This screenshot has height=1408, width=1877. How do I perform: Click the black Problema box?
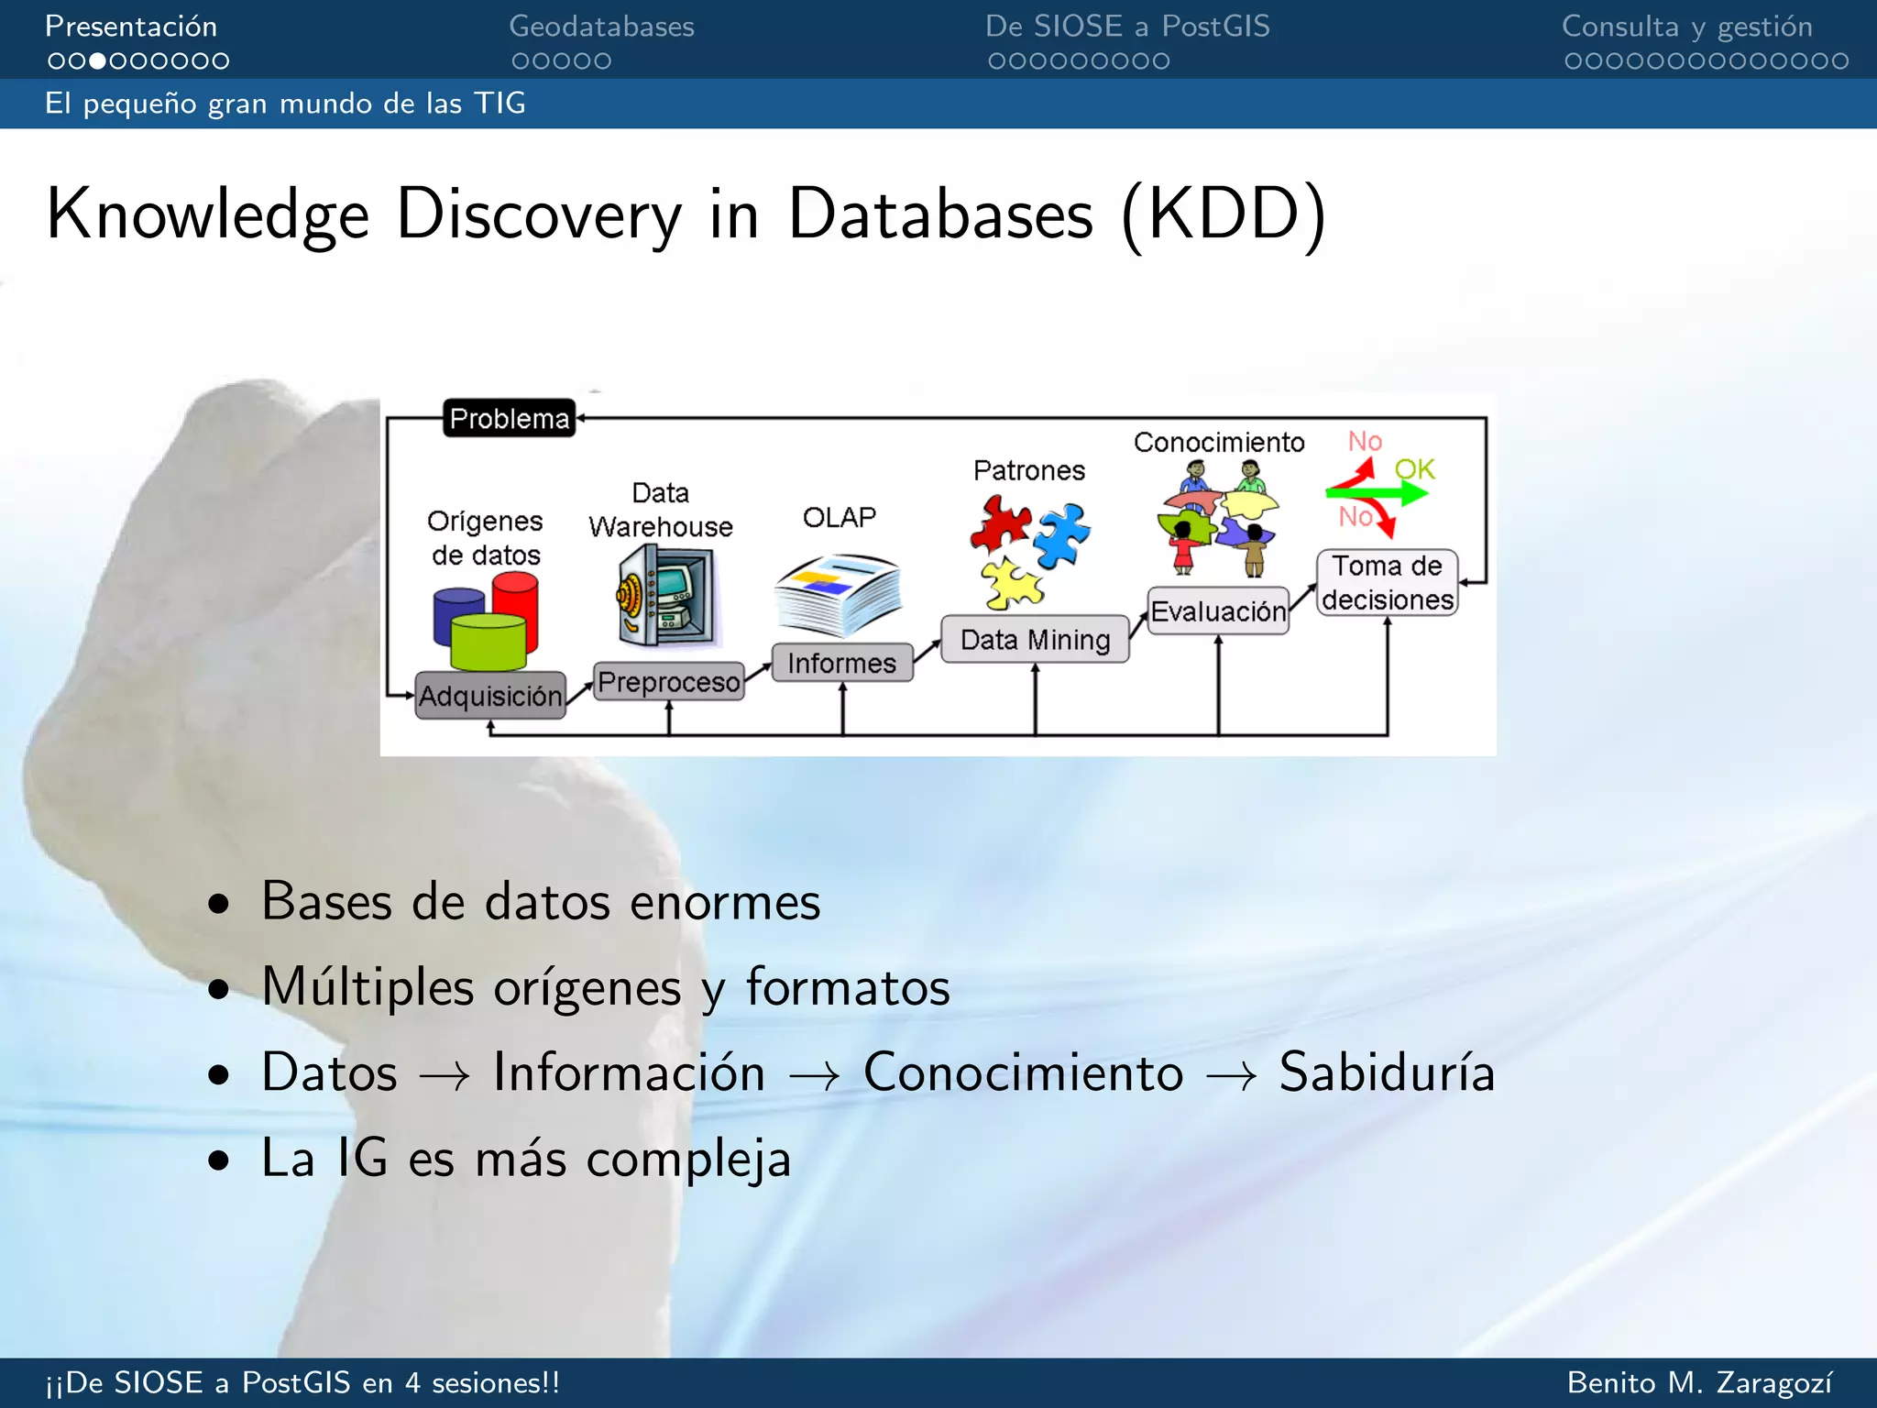510,418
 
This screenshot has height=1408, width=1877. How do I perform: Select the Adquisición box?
490,696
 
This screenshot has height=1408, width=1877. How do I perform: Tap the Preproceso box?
668,682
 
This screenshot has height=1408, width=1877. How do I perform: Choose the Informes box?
841,663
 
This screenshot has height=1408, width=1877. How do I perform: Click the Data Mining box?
1035,639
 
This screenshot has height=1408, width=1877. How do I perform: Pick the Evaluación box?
1218,611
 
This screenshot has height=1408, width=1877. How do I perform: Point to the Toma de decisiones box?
1387,583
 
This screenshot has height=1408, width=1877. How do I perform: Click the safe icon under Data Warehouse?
666,596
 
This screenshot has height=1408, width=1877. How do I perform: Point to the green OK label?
1414,469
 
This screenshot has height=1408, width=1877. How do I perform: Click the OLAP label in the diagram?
839,517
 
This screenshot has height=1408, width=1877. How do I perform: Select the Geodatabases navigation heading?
601,27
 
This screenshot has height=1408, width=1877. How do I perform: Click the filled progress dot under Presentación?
97,61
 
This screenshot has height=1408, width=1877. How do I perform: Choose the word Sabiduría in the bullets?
1386,1072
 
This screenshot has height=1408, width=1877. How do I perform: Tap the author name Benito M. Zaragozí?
1699,1382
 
